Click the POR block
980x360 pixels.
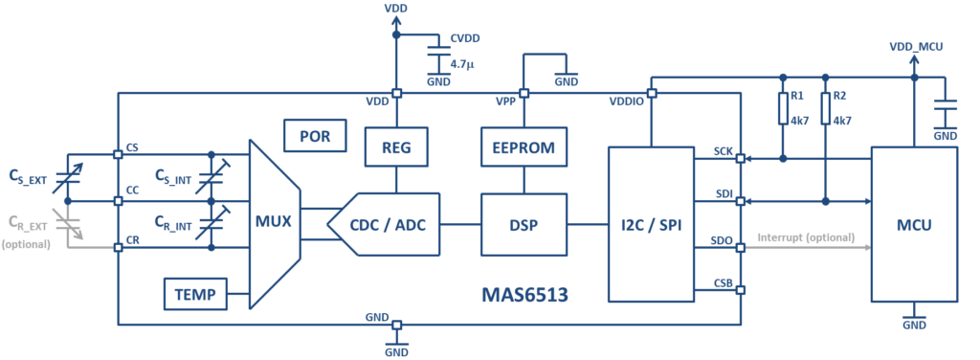click(315, 136)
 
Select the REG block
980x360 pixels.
click(396, 148)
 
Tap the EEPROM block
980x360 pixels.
click(523, 148)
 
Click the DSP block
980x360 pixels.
click(523, 225)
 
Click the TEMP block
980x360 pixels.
click(196, 294)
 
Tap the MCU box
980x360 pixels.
click(914, 225)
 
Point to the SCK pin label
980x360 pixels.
click(724, 151)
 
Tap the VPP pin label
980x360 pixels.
click(507, 102)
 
